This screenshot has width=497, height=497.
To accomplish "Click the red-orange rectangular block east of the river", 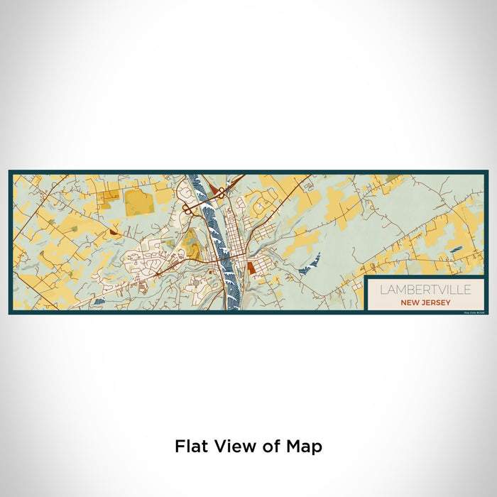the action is click(251, 268).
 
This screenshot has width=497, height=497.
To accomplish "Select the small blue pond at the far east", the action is click(457, 249).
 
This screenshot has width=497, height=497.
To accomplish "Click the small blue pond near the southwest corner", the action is click(99, 302).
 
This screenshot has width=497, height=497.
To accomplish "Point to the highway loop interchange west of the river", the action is click(190, 209).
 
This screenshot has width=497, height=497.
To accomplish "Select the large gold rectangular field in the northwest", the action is click(138, 202).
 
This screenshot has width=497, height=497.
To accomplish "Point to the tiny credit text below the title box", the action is click(473, 312).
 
